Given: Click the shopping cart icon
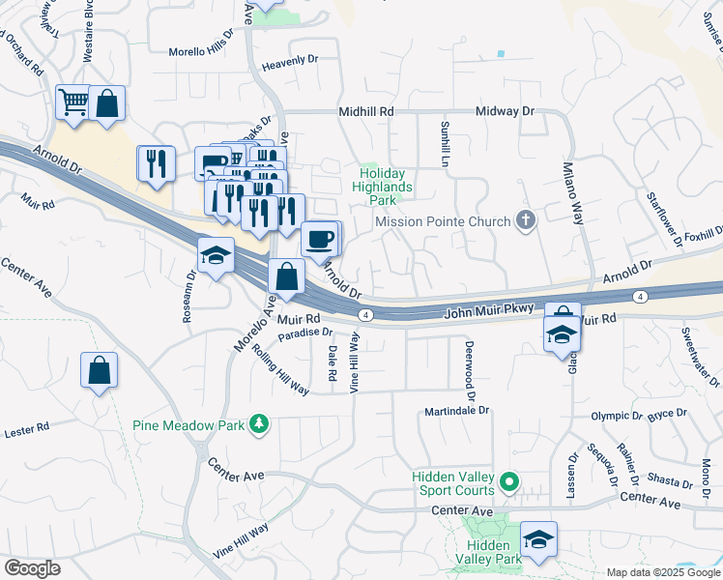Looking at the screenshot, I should (x=73, y=101).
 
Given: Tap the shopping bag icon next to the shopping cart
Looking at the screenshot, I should (x=106, y=102).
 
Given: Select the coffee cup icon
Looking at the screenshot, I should (x=319, y=238).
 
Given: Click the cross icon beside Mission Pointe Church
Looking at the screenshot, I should (x=525, y=221).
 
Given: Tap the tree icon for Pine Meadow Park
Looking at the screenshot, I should (x=258, y=424).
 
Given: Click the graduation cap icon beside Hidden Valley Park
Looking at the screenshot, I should (x=538, y=538).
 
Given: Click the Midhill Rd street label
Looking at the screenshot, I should (x=366, y=112).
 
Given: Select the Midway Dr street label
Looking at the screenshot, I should (x=505, y=112).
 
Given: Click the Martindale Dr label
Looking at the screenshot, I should (x=457, y=411).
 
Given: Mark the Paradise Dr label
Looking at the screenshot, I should (x=305, y=333).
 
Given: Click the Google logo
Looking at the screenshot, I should (x=32, y=568).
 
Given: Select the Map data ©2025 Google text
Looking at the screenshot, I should (x=662, y=572).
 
